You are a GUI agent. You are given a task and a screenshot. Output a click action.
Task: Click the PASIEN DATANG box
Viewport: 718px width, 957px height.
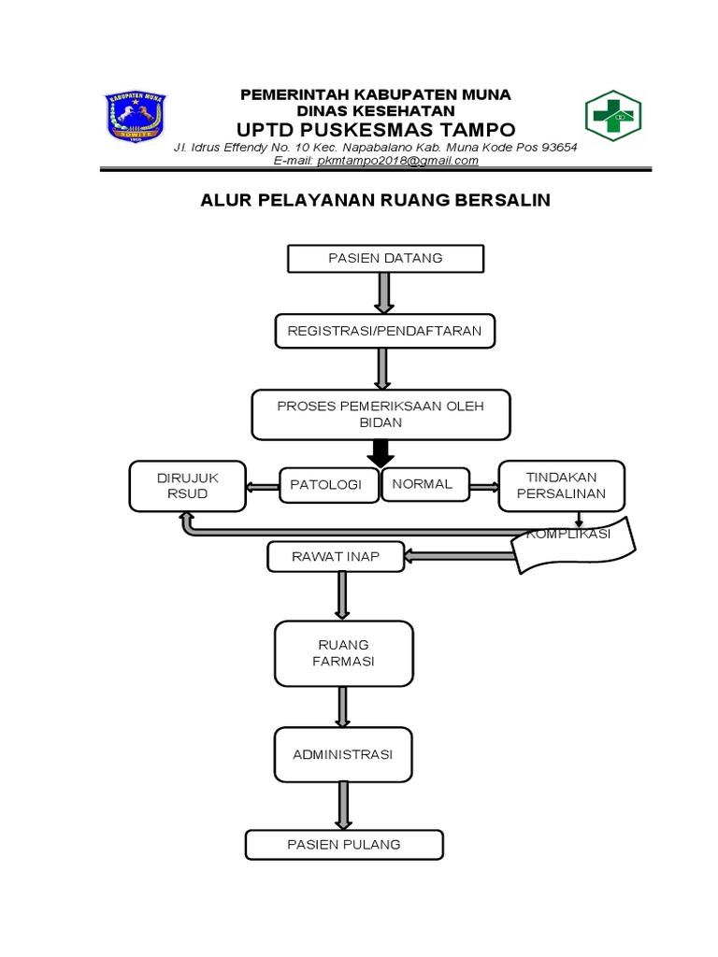click(x=385, y=259)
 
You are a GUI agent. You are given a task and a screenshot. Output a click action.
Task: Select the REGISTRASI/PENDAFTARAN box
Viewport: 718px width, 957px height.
click(x=384, y=331)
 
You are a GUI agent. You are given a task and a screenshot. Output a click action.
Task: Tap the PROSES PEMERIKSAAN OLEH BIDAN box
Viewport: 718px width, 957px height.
click(x=381, y=413)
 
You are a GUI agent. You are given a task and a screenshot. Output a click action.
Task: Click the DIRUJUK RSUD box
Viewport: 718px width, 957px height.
click(x=188, y=486)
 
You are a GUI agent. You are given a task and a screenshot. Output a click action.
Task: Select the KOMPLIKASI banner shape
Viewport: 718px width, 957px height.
click(x=572, y=544)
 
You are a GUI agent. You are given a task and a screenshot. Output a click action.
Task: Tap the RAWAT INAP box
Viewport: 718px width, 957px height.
click(x=336, y=557)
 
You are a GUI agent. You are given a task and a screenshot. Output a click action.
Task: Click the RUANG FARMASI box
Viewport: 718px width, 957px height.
click(x=343, y=653)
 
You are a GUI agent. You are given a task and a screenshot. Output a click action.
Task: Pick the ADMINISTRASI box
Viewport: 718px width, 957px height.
click(x=343, y=754)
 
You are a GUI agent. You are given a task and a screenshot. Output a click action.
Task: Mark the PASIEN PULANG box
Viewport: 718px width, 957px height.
click(x=343, y=845)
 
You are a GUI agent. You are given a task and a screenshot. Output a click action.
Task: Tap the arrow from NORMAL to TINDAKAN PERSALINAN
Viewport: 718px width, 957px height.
click(x=484, y=485)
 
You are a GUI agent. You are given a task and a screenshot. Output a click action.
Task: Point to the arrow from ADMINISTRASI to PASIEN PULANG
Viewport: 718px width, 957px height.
click(x=343, y=805)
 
